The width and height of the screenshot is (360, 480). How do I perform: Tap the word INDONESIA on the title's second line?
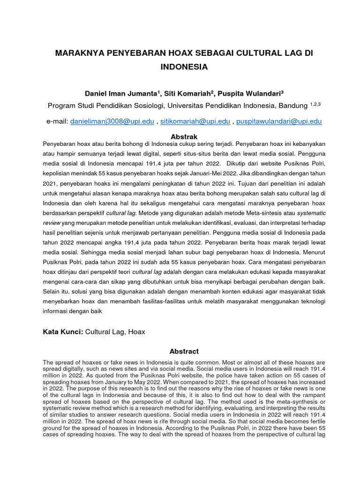[184, 67]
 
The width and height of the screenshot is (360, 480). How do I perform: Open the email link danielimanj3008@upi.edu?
[112, 121]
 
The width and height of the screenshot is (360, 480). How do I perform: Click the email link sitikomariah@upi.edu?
[195, 121]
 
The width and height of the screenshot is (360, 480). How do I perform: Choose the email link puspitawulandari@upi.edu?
[279, 121]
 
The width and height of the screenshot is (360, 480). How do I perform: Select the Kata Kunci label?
[63, 332]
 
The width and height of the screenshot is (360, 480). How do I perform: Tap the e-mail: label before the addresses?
[57, 121]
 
